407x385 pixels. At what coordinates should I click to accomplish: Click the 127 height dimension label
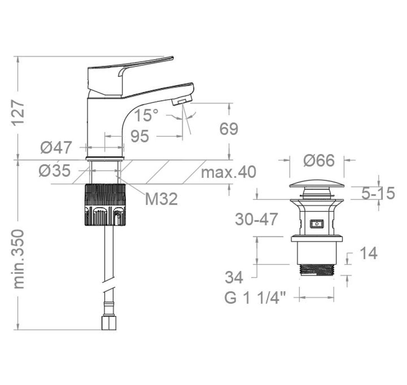(x=18, y=112)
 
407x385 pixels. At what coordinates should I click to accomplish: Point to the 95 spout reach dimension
(x=140, y=136)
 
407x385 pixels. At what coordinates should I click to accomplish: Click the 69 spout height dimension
(x=229, y=129)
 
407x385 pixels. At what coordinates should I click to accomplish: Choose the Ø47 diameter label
(x=56, y=147)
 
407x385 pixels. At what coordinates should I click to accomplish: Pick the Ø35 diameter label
(x=55, y=171)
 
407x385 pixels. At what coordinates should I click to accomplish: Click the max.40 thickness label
(x=229, y=172)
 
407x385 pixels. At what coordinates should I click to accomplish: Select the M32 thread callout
(x=161, y=199)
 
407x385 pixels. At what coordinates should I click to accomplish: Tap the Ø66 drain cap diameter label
(x=319, y=160)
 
